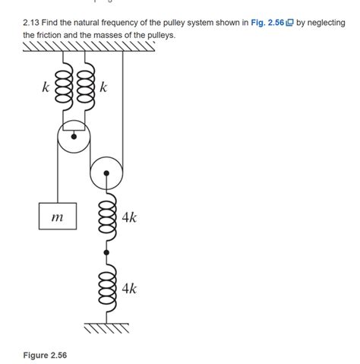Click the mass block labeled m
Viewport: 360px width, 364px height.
58,216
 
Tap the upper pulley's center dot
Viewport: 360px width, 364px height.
74,137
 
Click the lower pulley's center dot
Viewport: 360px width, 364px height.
106,173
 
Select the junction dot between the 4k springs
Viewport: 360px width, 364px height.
106,252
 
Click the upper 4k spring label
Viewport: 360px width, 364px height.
129,217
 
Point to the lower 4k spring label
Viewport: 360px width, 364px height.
129,289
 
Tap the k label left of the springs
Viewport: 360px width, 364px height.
46,87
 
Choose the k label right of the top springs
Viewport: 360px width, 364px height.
103,87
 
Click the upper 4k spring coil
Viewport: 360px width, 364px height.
107,217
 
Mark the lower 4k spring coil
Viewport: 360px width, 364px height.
107,288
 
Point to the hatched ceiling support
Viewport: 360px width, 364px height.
89,46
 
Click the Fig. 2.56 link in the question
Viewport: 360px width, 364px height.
267,23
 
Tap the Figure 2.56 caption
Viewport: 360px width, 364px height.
45,355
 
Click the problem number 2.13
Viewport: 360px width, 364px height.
31,23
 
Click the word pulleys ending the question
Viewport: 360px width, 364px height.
162,35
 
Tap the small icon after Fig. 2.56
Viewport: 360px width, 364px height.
289,23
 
